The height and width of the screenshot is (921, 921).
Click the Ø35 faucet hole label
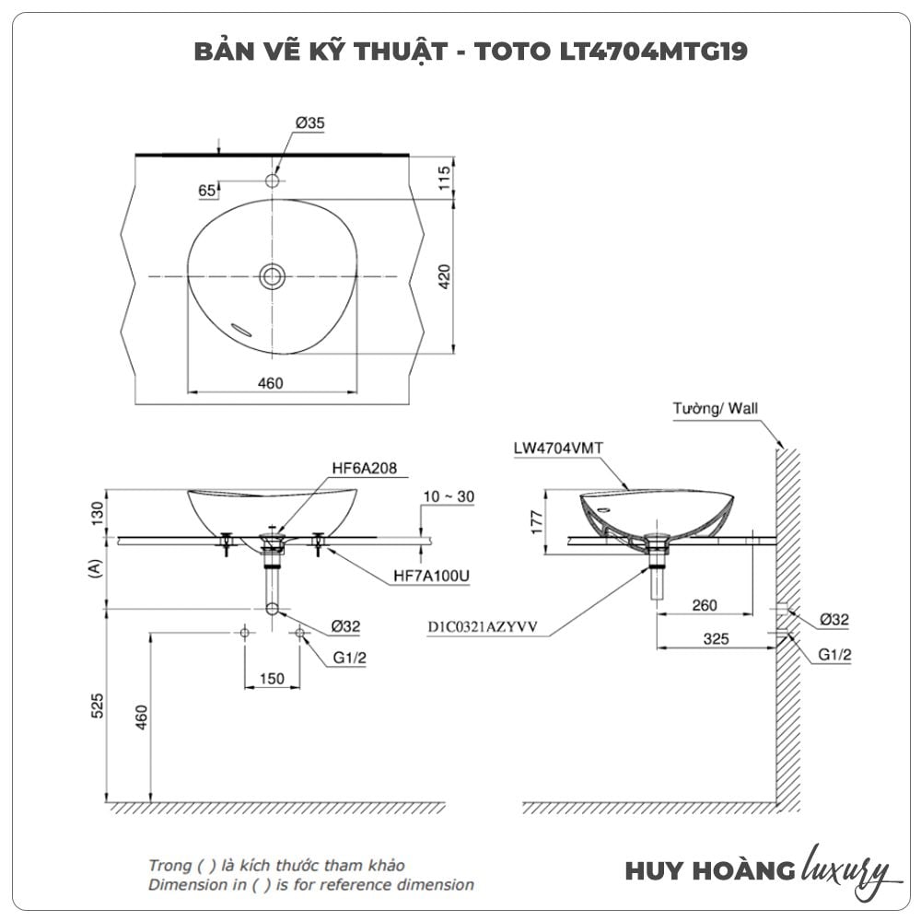click(x=310, y=122)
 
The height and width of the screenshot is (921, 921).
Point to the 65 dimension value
click(x=206, y=191)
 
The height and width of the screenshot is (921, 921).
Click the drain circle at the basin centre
click(x=272, y=275)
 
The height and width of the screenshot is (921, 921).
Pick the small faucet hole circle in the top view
click(x=272, y=181)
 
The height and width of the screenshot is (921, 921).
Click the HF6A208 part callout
click(x=364, y=468)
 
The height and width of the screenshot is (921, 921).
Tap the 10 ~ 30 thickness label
click(x=449, y=496)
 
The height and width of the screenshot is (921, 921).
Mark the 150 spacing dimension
click(x=272, y=679)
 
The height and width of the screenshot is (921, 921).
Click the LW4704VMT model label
click(x=559, y=449)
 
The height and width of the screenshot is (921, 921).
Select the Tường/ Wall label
click(x=717, y=409)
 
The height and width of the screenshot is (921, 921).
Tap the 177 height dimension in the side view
click(x=537, y=522)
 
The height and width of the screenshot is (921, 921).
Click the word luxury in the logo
click(x=845, y=870)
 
